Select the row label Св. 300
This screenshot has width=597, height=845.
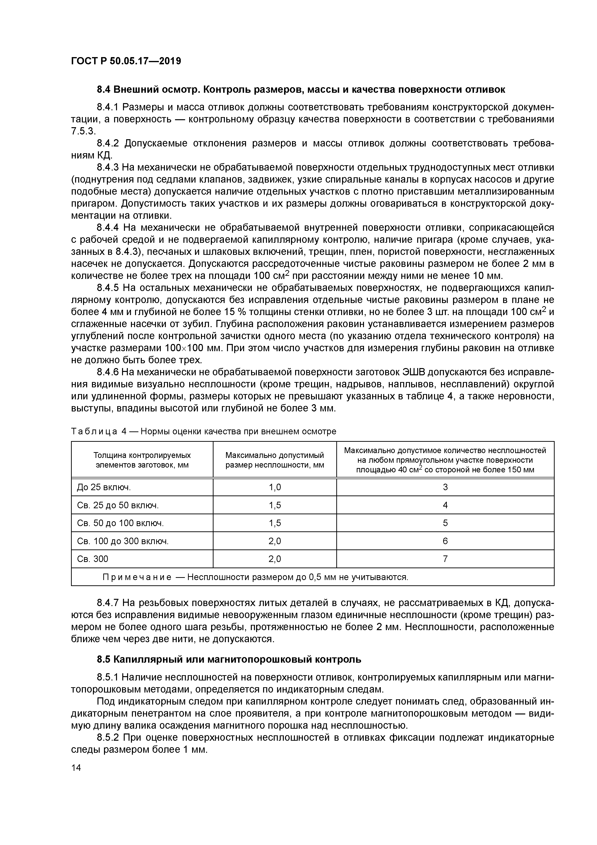(x=93, y=559)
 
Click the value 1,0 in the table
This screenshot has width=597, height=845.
(x=274, y=487)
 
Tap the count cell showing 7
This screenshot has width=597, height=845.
(x=445, y=559)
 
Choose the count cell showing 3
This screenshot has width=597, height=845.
(x=445, y=487)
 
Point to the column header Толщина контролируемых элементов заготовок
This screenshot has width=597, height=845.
(x=142, y=460)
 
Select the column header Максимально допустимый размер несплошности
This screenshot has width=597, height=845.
(x=274, y=460)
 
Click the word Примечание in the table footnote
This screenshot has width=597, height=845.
(x=136, y=577)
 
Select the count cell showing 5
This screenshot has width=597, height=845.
(x=445, y=523)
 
